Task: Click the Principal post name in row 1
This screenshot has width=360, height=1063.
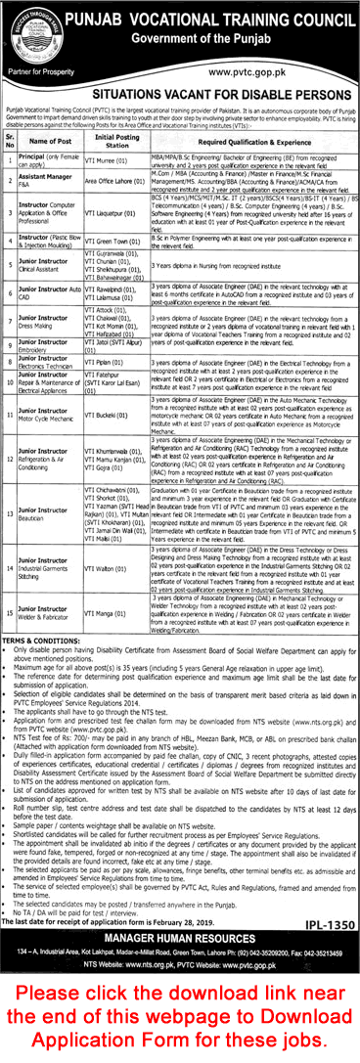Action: (52, 159)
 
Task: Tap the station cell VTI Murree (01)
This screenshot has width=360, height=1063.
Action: (110, 159)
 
